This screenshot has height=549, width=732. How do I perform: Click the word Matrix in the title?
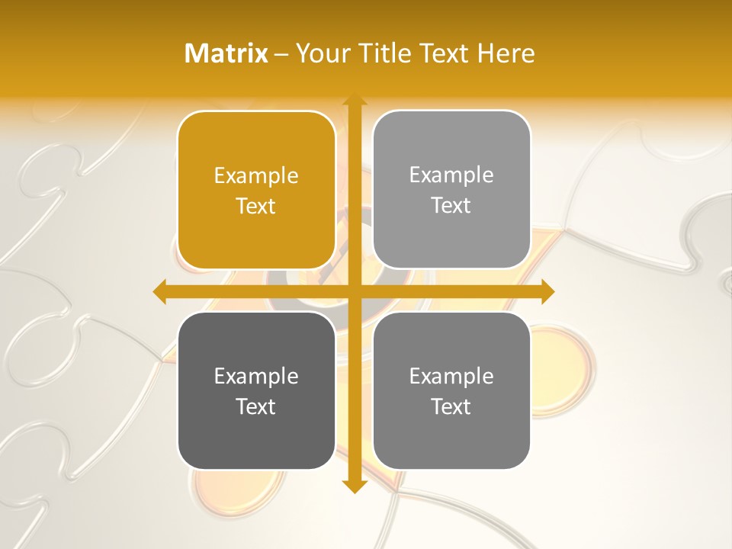pos(226,53)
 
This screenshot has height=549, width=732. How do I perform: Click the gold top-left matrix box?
pos(256,236)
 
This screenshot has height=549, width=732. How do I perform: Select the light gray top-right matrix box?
pos(451,236)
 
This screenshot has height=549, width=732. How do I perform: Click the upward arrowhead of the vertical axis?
pos(354,101)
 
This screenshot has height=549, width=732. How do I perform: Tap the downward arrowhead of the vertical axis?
pos(354,486)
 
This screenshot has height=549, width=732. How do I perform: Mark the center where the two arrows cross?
pos(354,292)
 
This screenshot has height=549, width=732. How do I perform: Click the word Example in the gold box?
pos(256,176)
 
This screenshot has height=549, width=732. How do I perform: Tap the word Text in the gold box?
pos(256,206)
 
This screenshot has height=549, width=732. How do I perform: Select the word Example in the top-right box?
pos(451,175)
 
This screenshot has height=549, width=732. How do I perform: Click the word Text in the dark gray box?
pos(256,406)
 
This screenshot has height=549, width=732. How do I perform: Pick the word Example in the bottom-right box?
pos(451,376)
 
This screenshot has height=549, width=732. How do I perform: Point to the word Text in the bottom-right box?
pos(451,406)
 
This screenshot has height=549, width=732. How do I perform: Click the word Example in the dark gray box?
pos(256,376)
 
